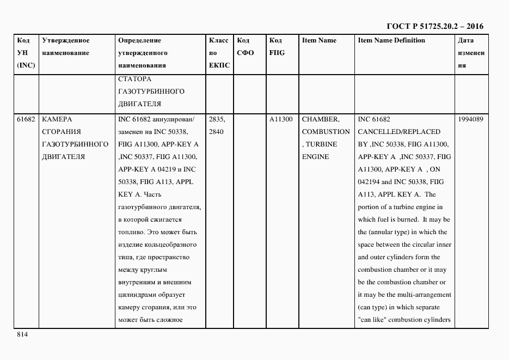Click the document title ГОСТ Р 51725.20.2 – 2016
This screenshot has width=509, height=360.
point(434,26)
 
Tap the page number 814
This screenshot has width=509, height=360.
point(22,334)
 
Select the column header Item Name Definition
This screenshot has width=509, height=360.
point(391,40)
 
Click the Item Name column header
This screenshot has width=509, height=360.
point(319,40)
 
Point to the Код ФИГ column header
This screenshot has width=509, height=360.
point(277,47)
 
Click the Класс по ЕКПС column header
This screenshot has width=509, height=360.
point(219,53)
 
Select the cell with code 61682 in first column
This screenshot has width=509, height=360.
point(26,119)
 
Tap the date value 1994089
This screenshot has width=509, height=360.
point(471,119)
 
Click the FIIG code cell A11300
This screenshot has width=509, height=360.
point(281,119)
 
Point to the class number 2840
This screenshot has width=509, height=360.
point(217,132)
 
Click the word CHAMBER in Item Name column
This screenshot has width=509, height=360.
point(321,119)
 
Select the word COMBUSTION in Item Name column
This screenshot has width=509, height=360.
point(326,132)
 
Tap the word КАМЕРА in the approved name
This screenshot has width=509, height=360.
point(57,119)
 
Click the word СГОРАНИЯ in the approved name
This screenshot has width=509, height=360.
point(61,132)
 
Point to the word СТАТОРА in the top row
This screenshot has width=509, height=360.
point(134,79)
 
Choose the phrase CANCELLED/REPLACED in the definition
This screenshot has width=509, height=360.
point(399,132)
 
